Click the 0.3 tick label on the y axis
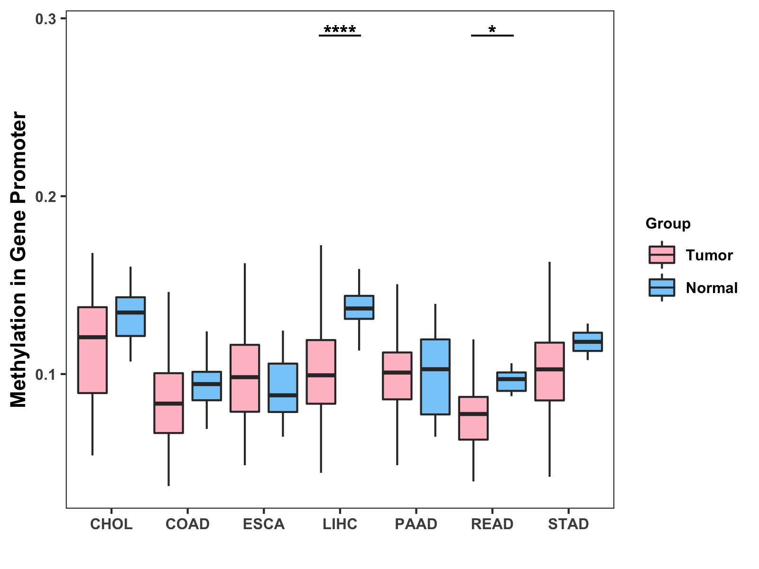45,19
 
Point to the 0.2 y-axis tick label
45,196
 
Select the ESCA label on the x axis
264,524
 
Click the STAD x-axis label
568,524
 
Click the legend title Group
668,223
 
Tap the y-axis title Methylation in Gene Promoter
18,259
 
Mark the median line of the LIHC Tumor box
321,375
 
